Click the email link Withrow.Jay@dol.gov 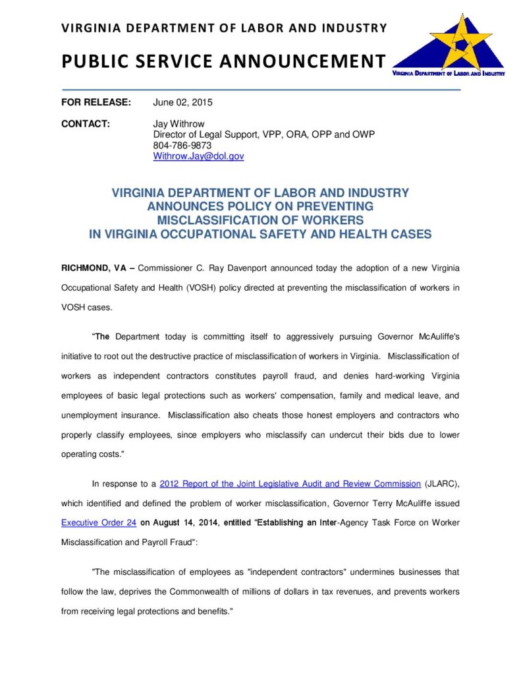tap(198, 156)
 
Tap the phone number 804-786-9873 tap(182, 146)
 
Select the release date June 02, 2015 tap(182, 102)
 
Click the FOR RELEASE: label tap(96, 102)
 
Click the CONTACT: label tap(85, 124)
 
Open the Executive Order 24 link tap(99, 523)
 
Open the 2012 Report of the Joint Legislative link tap(290, 484)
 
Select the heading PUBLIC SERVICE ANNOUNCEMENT tap(223, 61)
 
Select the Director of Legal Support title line tap(263, 134)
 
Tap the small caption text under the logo tap(448, 74)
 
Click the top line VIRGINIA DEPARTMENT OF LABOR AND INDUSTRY tap(224, 28)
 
